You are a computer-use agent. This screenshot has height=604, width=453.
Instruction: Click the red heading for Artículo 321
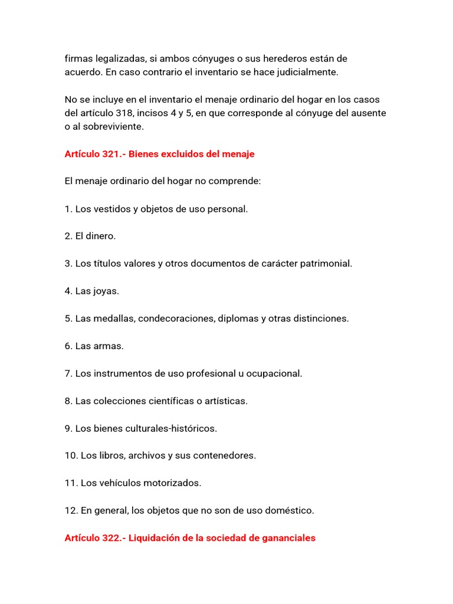pyautogui.click(x=159, y=154)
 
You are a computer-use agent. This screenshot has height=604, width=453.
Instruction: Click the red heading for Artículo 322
pyautogui.click(x=190, y=538)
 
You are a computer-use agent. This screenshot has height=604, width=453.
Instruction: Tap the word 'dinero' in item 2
pyautogui.click(x=99, y=236)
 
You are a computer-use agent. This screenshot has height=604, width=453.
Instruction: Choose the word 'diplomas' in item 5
pyautogui.click(x=236, y=319)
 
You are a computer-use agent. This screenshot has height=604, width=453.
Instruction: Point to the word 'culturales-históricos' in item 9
pyautogui.click(x=171, y=428)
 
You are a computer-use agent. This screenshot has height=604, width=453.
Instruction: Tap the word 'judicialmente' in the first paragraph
pyautogui.click(x=308, y=72)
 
